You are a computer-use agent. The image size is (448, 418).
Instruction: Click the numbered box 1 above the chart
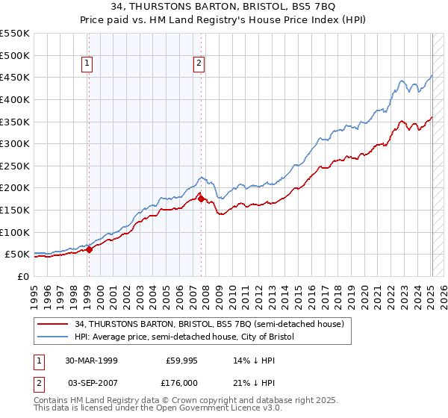coord(87,64)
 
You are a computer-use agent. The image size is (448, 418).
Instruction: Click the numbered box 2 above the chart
coord(199,64)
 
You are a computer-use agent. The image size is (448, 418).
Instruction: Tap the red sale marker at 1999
coord(89,249)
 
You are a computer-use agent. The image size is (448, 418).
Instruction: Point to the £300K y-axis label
coord(15,143)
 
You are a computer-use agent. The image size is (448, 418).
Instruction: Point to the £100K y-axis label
coord(15,232)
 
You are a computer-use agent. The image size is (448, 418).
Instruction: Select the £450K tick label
coord(15,77)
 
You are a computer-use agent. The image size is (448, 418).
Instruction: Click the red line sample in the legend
coord(53,325)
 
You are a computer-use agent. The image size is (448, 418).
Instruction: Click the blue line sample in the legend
coord(53,337)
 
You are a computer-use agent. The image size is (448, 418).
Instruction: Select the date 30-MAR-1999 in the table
coord(90,360)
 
